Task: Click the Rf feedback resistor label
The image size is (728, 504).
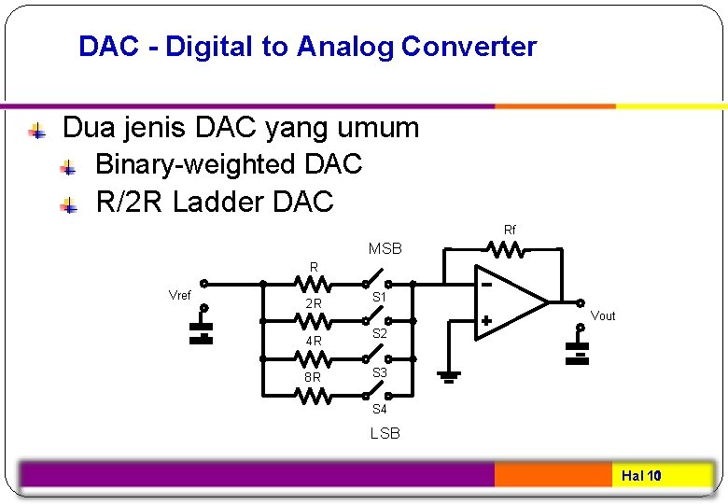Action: click(x=510, y=230)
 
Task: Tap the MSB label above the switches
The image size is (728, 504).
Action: click(x=385, y=249)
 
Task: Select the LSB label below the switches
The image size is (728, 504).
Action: click(x=385, y=433)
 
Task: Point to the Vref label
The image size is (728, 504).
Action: click(x=179, y=296)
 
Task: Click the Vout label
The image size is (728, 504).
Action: click(x=603, y=315)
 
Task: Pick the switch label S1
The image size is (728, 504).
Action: click(x=380, y=298)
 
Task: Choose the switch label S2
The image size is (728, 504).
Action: click(x=380, y=333)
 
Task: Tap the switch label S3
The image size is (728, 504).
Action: click(x=380, y=372)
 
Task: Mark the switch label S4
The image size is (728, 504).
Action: click(x=380, y=409)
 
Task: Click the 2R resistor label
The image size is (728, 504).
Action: click(x=314, y=304)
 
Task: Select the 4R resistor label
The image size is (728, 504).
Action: click(x=314, y=342)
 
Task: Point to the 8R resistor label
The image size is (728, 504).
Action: click(x=314, y=378)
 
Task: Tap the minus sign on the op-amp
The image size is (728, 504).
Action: click(x=486, y=281)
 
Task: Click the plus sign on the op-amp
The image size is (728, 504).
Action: click(x=486, y=320)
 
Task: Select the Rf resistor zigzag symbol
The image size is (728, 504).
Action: click(x=509, y=248)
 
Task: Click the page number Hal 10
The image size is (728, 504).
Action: click(x=641, y=476)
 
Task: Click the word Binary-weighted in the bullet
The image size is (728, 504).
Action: click(x=195, y=164)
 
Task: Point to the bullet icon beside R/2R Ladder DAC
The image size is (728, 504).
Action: click(x=68, y=203)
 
